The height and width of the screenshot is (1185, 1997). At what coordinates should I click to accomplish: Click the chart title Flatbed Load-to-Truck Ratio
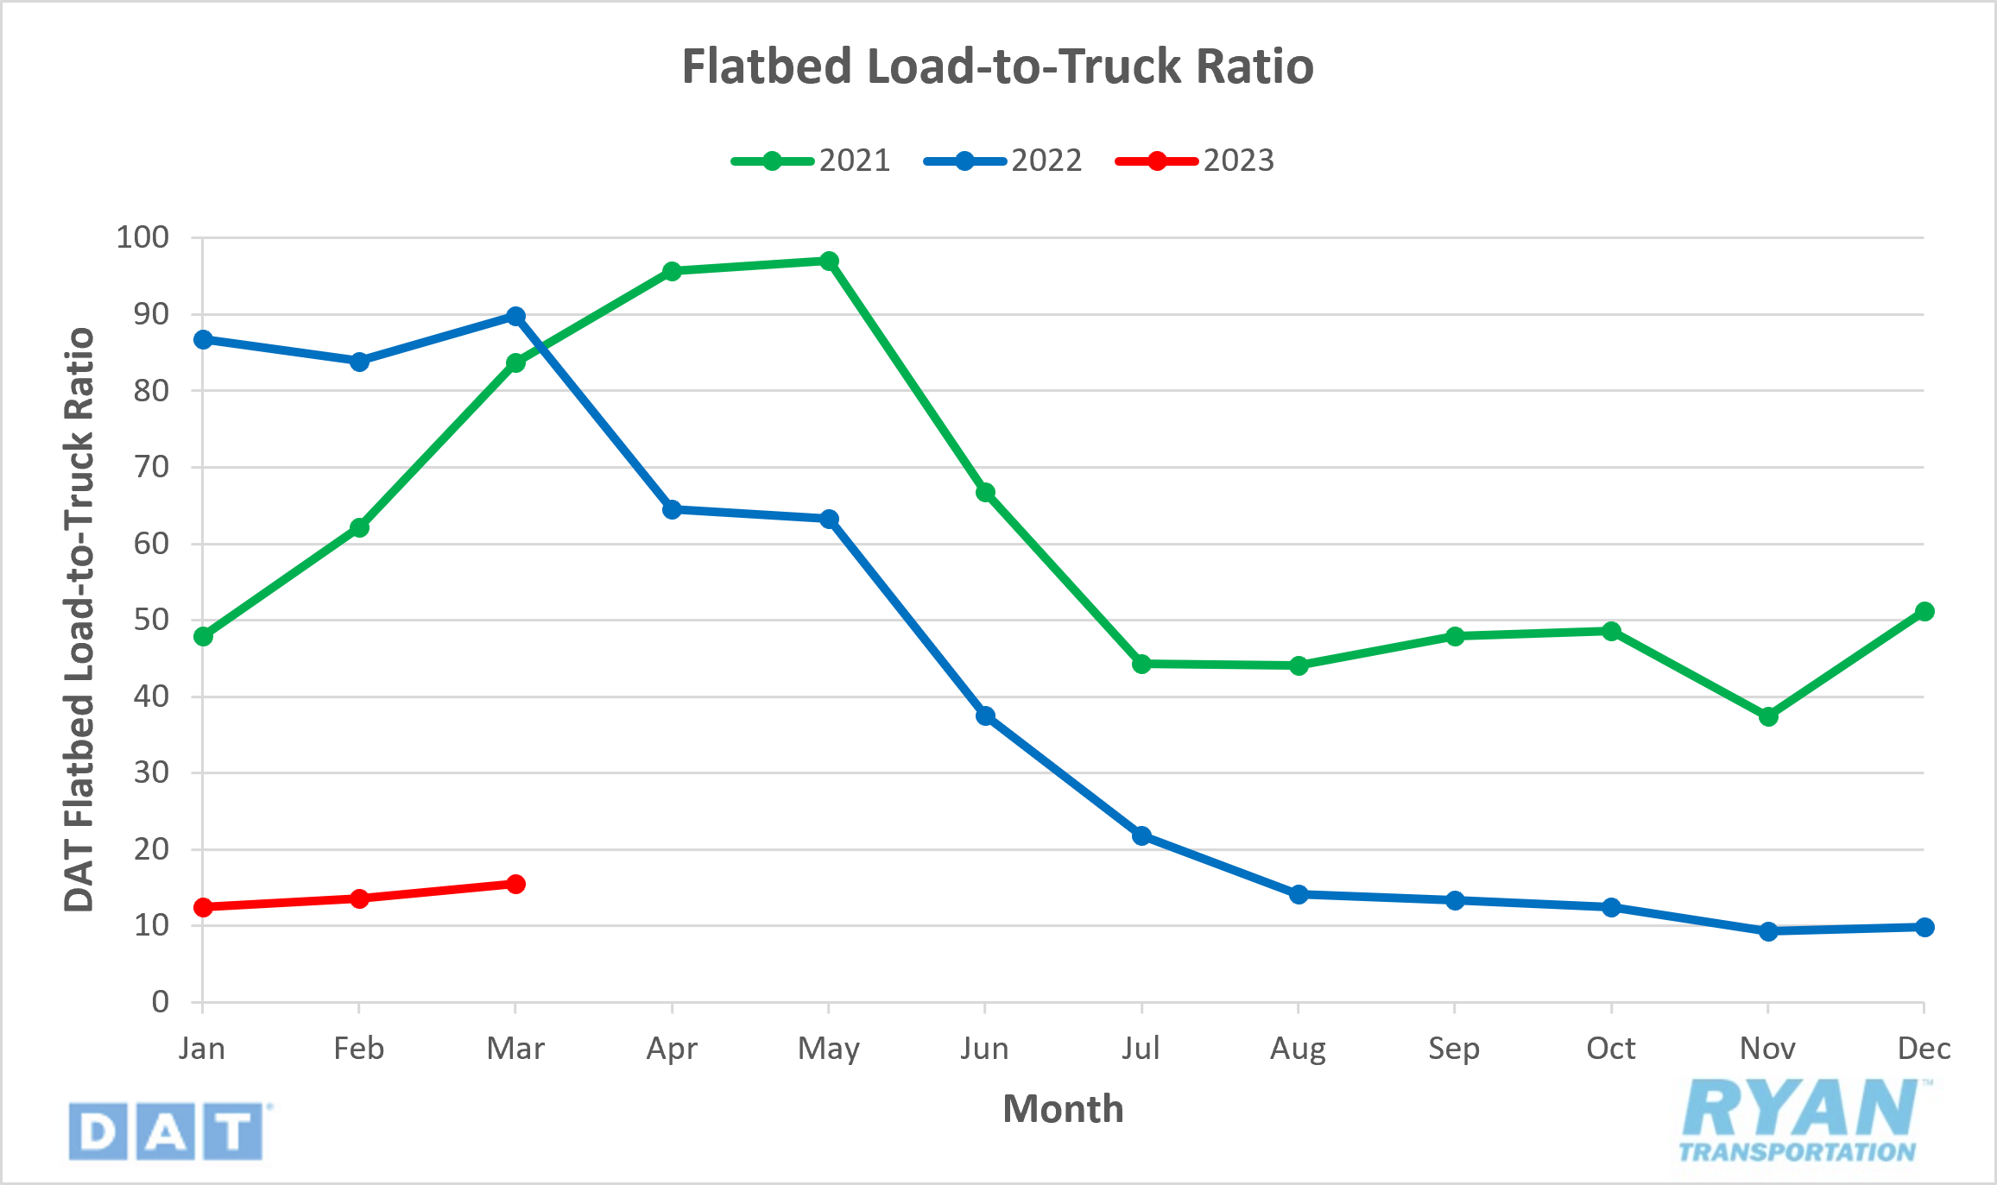coord(997,66)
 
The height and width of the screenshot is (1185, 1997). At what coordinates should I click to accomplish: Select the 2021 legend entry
coord(812,161)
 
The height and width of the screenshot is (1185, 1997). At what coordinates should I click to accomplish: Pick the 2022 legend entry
coord(1003,161)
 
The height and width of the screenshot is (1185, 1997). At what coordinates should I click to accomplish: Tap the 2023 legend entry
coord(1196,161)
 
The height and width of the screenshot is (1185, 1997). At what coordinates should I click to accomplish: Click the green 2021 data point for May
coord(829,261)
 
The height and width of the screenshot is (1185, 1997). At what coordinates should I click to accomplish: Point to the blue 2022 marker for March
coord(515,317)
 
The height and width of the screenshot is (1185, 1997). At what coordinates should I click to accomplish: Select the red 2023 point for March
coord(515,884)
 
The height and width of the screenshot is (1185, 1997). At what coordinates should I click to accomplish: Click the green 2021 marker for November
coord(1767,716)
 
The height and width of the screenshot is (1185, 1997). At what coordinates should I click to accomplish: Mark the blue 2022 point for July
coord(1141,835)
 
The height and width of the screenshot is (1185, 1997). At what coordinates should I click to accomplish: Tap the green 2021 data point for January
coord(203,636)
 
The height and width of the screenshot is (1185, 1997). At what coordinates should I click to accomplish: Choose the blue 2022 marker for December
coord(1924,927)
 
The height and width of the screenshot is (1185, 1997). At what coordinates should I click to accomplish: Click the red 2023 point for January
coord(203,907)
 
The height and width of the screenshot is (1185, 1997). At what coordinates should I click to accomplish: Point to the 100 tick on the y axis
coord(142,237)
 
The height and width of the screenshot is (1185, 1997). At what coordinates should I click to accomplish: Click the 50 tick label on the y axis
coord(151,620)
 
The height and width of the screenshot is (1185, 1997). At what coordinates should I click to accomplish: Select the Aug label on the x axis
coord(1298,1049)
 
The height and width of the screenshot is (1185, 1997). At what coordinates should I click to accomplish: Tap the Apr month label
coord(672,1049)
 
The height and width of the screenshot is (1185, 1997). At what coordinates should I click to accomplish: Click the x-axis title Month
coord(1063,1109)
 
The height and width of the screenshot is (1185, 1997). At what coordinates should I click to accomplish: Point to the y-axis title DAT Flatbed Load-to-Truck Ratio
coord(79,620)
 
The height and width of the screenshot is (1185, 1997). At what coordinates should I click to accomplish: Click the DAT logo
coord(167,1131)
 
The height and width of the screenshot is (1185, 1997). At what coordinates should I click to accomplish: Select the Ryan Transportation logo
coord(1800,1120)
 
